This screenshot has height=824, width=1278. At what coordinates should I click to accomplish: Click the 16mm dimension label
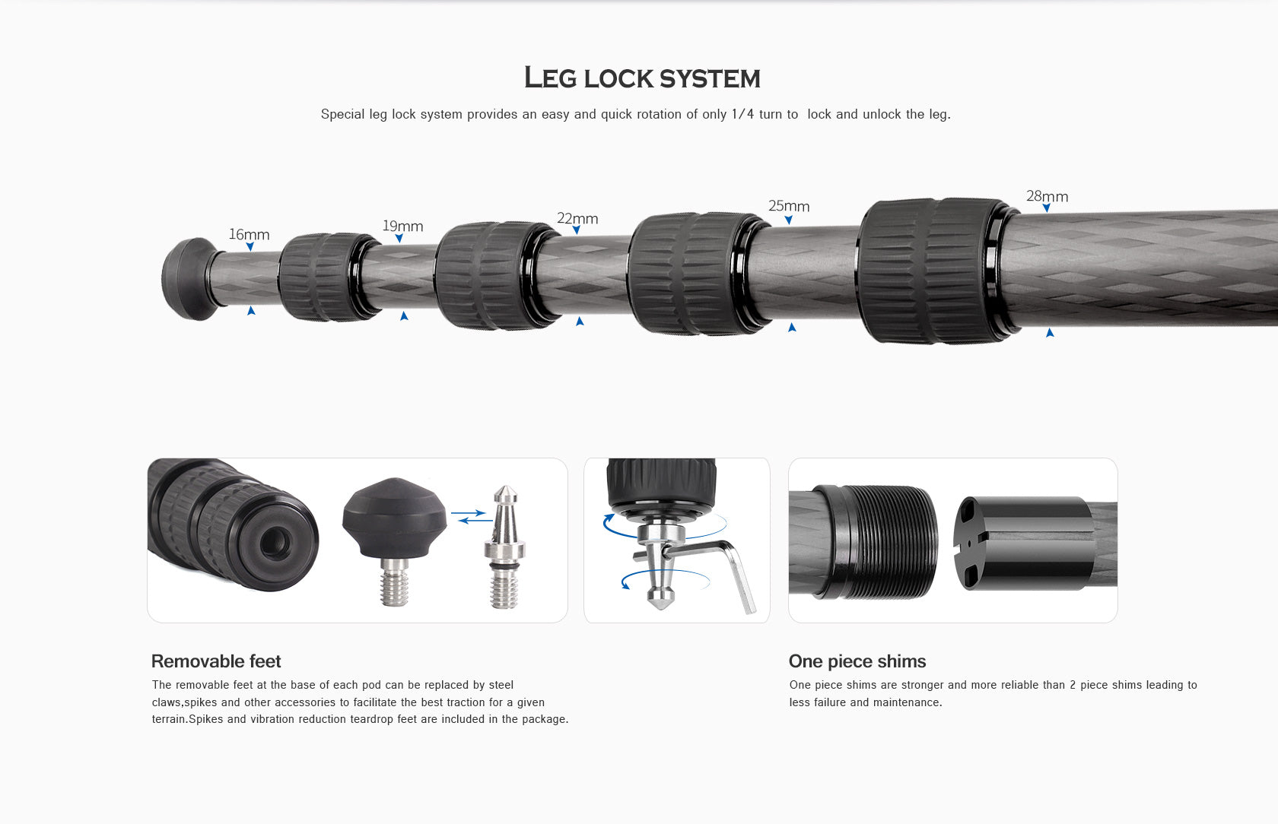pyautogui.click(x=249, y=235)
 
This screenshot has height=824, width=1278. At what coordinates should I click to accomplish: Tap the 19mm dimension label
pyautogui.click(x=402, y=227)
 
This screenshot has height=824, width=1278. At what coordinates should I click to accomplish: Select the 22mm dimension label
pyautogui.click(x=577, y=219)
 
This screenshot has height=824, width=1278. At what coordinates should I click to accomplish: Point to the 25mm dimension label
pyautogui.click(x=789, y=207)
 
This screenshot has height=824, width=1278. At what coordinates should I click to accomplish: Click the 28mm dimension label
pyautogui.click(x=1047, y=197)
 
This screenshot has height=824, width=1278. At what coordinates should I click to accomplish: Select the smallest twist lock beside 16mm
pyautogui.click(x=326, y=276)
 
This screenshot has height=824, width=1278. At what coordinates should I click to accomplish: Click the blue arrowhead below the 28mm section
pyautogui.click(x=1050, y=333)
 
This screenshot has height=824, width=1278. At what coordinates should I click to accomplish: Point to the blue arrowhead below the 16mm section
pyautogui.click(x=251, y=311)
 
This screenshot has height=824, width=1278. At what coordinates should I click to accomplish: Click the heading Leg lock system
pyautogui.click(x=641, y=78)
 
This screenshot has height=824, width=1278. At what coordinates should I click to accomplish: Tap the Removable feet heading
pyautogui.click(x=216, y=661)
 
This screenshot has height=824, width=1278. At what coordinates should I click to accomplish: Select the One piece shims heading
pyautogui.click(x=857, y=661)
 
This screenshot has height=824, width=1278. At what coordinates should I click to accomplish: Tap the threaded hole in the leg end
pyautogui.click(x=275, y=542)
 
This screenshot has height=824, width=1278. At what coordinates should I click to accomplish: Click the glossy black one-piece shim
pyautogui.click(x=1023, y=543)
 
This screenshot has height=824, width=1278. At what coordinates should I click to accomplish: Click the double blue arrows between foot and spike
pyautogui.click(x=469, y=516)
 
